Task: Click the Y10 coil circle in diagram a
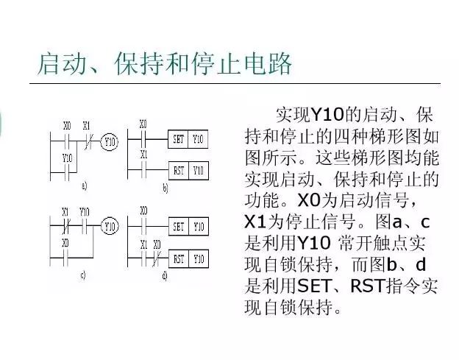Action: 109,141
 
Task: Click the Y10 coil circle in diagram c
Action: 110,226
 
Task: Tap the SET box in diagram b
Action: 177,138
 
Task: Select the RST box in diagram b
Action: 177,170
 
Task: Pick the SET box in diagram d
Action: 178,227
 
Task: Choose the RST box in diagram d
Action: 178,258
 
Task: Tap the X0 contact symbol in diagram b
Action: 143,138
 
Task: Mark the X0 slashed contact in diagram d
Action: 157,258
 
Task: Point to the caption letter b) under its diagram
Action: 165,188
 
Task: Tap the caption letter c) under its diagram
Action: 83,275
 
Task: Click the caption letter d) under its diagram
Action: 163,275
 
